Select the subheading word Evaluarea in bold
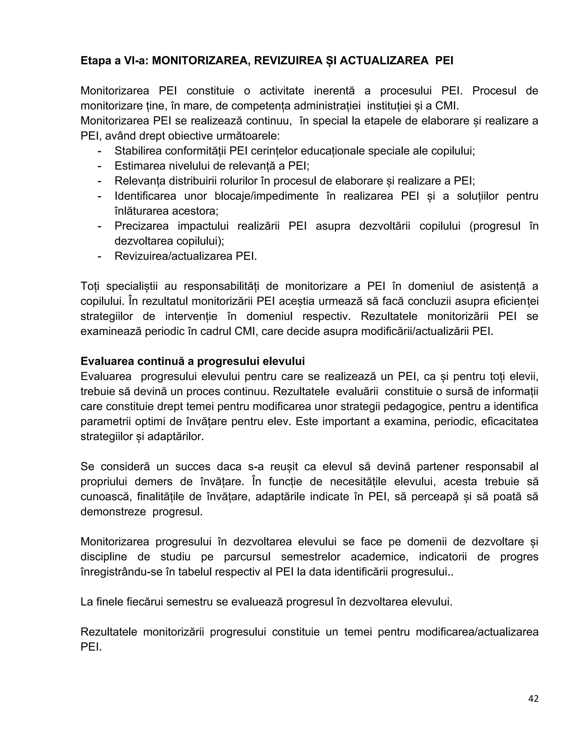pyautogui.click(x=107, y=361)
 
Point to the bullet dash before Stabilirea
pyautogui.click(x=100, y=151)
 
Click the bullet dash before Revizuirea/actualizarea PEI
pyautogui.click(x=100, y=256)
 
